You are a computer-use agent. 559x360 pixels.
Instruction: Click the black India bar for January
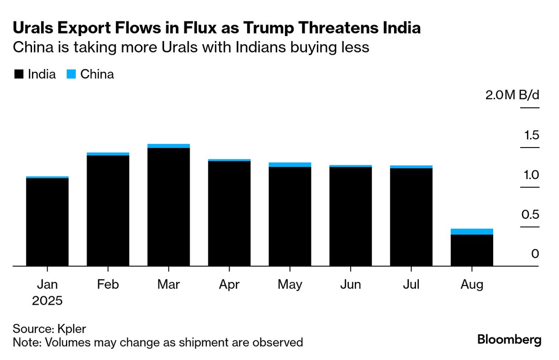coord(47,222)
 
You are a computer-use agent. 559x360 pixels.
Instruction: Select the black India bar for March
coord(169,206)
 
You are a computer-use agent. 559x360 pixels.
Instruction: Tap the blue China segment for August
coord(472,232)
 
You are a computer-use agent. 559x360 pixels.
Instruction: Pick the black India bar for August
coord(472,250)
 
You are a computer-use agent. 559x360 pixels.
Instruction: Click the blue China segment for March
coord(169,146)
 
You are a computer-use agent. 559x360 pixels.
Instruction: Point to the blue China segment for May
coord(290,164)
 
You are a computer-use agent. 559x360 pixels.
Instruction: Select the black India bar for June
coord(350,217)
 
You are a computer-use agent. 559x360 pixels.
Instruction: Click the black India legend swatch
coord(19,74)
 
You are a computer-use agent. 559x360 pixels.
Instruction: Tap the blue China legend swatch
coord(71,74)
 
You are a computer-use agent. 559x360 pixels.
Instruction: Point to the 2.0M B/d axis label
coord(512,95)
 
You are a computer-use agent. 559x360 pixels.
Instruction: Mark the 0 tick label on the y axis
coord(535,254)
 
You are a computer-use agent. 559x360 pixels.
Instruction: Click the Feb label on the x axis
coord(108,285)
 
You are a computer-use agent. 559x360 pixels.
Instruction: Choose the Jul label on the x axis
coord(411,285)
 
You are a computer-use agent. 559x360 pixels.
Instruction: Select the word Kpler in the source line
coord(71,329)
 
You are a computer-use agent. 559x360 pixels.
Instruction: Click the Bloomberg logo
coord(509,340)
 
